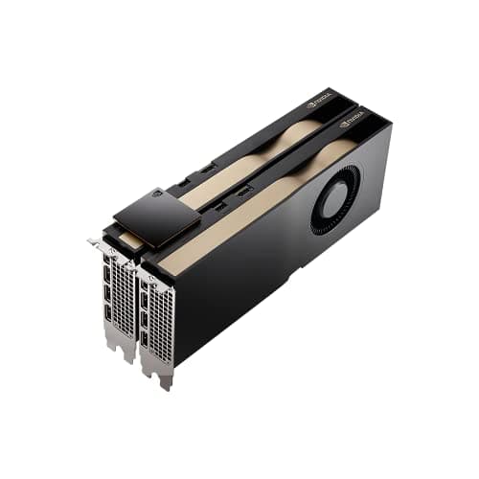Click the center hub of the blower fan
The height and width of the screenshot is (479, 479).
click(336, 199)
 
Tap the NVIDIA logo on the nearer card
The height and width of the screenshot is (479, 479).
click(351, 121)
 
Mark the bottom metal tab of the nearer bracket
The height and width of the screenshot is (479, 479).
click(165, 377)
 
